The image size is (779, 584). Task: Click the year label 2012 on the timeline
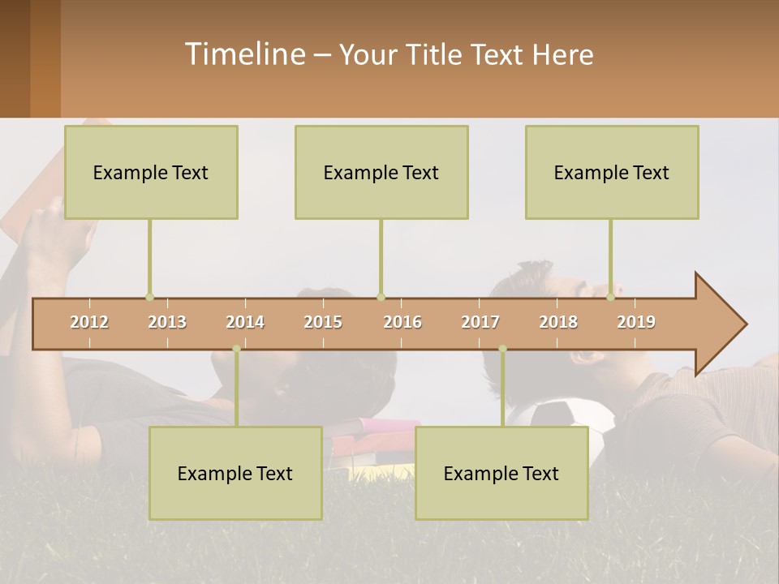[89, 322]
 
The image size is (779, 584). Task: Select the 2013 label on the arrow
[167, 322]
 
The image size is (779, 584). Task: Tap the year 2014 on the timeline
[245, 322]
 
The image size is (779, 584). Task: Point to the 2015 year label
[323, 322]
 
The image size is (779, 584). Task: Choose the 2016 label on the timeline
[402, 322]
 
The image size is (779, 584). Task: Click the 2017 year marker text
[480, 322]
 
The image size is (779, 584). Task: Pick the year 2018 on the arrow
[558, 322]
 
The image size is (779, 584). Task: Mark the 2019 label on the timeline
[636, 322]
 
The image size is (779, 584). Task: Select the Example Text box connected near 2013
[151, 172]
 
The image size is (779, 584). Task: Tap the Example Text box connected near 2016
[381, 172]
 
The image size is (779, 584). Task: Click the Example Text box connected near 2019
[612, 172]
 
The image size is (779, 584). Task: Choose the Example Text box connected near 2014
[235, 473]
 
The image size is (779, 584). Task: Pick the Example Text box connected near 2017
[501, 473]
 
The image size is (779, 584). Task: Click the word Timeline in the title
[244, 54]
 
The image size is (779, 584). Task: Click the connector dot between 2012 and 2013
[149, 297]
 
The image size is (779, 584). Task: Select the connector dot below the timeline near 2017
[502, 349]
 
